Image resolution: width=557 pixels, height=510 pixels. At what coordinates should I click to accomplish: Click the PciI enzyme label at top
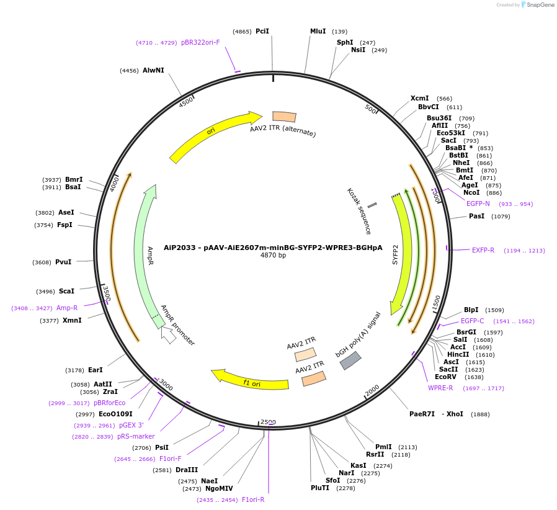click(x=262, y=31)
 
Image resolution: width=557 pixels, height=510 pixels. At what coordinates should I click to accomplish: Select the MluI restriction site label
click(x=318, y=31)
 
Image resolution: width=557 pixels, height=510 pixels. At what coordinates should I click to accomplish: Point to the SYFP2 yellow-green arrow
click(x=401, y=254)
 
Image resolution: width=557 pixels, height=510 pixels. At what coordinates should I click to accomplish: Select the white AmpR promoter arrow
click(x=168, y=335)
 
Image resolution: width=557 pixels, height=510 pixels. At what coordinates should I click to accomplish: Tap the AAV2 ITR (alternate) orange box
click(x=284, y=117)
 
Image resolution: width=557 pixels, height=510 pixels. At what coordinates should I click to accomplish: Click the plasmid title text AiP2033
click(x=273, y=247)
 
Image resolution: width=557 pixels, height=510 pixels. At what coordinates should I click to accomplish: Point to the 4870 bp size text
click(x=273, y=256)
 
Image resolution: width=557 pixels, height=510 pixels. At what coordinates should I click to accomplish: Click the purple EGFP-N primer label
click(x=478, y=204)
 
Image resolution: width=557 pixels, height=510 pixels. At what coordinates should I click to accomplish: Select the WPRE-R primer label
click(x=440, y=388)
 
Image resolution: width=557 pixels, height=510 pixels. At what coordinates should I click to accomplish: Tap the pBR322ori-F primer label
click(x=200, y=43)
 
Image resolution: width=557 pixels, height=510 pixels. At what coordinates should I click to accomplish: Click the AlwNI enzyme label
click(x=153, y=71)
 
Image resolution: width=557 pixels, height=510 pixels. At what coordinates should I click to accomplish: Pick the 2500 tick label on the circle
click(x=268, y=422)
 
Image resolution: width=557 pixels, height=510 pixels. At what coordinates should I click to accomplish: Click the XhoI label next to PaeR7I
click(x=455, y=414)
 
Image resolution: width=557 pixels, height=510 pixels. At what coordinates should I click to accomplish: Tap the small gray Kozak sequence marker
click(x=372, y=205)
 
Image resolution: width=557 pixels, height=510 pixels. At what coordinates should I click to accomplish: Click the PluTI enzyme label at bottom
click(x=321, y=488)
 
